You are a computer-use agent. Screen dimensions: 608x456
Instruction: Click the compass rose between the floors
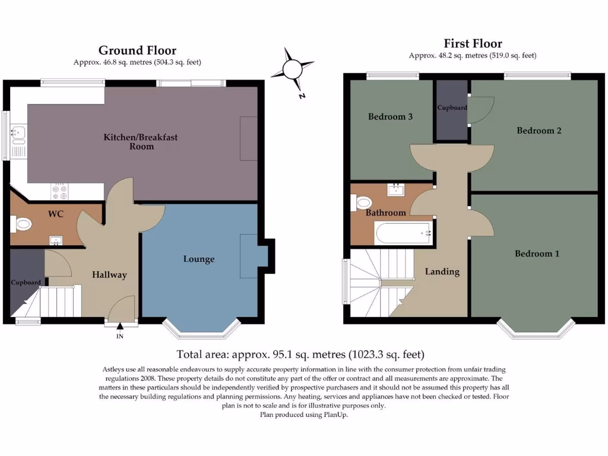pyautogui.click(x=292, y=70)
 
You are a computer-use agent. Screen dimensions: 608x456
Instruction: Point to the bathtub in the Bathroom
pyautogui.click(x=403, y=233)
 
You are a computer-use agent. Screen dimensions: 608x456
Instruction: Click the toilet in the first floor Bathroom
pyautogui.click(x=362, y=202)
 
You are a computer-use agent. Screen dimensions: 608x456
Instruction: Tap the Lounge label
pyautogui.click(x=199, y=259)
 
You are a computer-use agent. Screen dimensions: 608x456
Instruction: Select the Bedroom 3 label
pyautogui.click(x=390, y=117)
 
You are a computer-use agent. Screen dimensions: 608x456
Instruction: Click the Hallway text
pyautogui.click(x=109, y=275)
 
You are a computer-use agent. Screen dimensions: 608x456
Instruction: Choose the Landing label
pyautogui.click(x=442, y=272)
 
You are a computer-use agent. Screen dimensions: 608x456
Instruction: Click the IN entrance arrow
pyautogui.click(x=120, y=326)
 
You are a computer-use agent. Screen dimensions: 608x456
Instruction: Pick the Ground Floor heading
pyautogui.click(x=137, y=50)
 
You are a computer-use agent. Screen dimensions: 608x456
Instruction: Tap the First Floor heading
pyautogui.click(x=473, y=43)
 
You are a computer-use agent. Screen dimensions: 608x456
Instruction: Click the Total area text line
pyautogui.click(x=300, y=354)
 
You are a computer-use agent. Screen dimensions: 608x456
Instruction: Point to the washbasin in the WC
pyautogui.click(x=56, y=241)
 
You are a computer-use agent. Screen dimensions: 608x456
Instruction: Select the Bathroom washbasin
pyautogui.click(x=395, y=190)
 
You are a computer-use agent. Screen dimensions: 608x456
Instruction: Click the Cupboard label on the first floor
pyautogui.click(x=452, y=108)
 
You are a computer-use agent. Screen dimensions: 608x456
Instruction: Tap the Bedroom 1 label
pyautogui.click(x=537, y=254)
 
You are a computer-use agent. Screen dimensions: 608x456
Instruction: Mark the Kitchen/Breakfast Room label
pyautogui.click(x=140, y=141)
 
